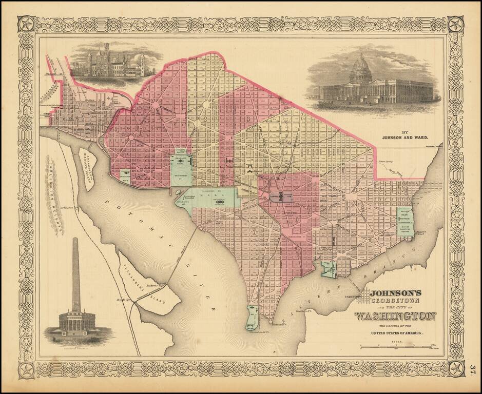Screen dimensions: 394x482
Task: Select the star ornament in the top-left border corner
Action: point(26,24)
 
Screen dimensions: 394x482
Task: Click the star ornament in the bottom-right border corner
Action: point(455,368)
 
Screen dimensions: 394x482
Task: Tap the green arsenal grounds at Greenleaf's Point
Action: point(252,318)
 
